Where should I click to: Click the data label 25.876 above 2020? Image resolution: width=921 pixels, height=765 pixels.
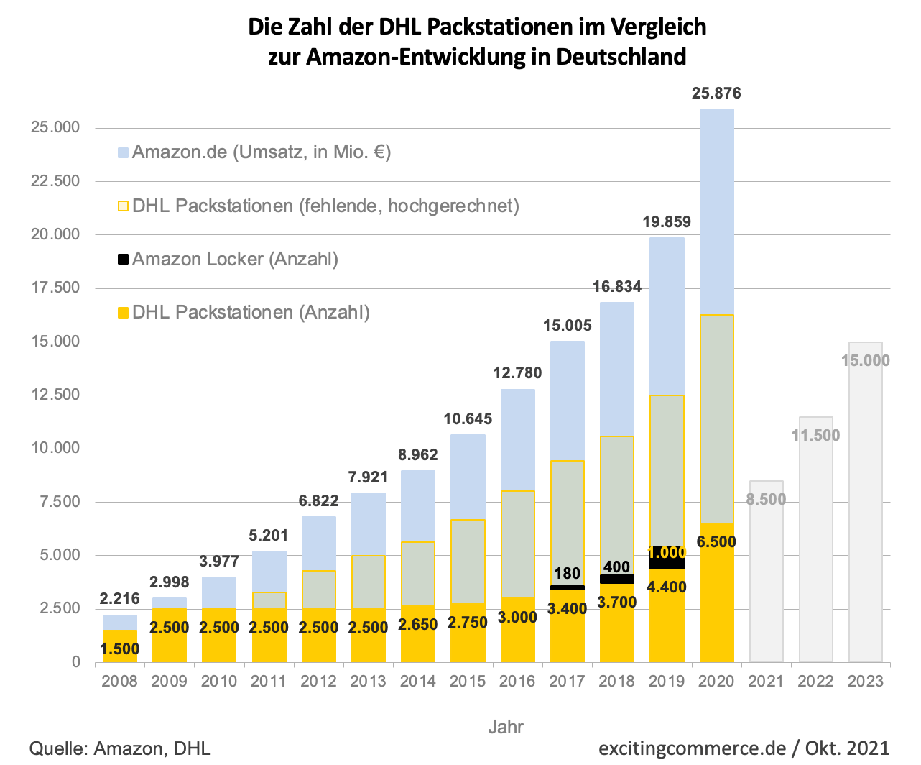point(716,93)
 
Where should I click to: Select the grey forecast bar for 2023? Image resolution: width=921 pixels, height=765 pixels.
point(866,502)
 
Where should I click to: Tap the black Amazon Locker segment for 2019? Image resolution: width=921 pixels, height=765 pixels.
point(667,559)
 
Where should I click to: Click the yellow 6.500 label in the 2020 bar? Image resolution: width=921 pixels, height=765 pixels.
point(716,541)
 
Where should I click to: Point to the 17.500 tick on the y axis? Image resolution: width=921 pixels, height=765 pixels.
point(55,288)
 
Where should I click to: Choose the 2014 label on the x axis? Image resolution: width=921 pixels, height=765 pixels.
point(417,681)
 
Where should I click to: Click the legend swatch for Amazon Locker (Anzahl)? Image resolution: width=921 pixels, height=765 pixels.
point(123,259)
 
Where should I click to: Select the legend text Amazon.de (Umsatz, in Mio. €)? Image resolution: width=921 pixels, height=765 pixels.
point(262,152)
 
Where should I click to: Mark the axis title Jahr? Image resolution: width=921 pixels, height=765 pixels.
point(506,727)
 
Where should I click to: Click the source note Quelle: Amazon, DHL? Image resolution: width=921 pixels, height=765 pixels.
point(120,748)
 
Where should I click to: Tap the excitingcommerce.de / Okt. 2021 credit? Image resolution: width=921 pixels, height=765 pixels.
point(744,748)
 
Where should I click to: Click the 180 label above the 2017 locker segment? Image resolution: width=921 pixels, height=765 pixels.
point(567,574)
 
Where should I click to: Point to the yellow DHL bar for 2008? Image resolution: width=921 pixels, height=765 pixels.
point(119,646)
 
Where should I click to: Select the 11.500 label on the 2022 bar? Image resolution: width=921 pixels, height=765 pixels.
point(815,435)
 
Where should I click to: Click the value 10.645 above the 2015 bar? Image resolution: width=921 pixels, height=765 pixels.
point(468,419)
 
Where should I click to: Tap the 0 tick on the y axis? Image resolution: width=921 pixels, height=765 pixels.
point(76,662)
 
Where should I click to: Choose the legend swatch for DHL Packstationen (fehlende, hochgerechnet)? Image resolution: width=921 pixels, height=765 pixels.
point(123,206)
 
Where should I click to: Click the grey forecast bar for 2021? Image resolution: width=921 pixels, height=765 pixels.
point(766,572)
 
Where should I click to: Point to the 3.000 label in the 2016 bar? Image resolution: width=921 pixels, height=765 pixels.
point(517,617)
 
